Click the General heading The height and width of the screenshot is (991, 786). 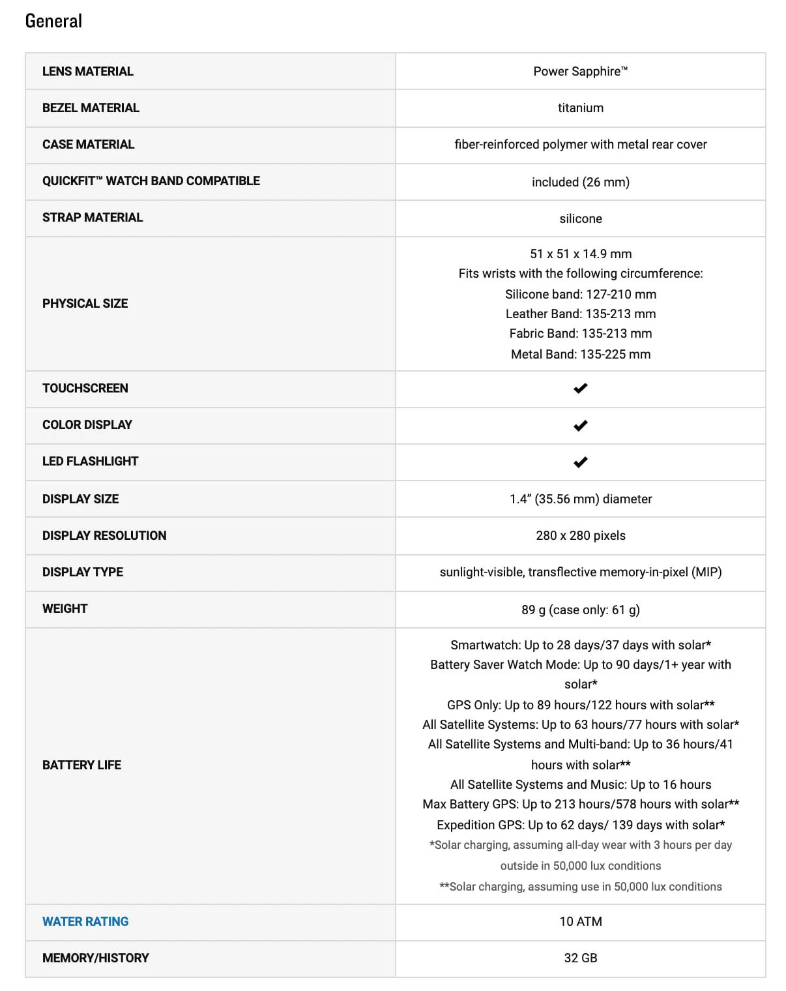click(x=53, y=21)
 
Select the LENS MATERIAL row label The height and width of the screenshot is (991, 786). click(x=87, y=71)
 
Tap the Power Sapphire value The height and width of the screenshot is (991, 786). click(x=580, y=71)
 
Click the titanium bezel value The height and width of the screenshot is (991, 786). click(x=580, y=108)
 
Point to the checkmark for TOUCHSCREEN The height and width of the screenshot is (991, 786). click(x=580, y=389)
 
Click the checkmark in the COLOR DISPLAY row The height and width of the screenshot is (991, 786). click(x=580, y=425)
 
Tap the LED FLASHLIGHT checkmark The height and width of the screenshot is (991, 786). click(x=580, y=462)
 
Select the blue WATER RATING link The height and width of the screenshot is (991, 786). click(x=85, y=921)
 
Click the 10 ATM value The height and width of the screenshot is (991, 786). click(x=580, y=921)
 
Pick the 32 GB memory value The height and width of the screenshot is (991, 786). click(x=580, y=958)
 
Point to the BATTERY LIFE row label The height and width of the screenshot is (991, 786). click(x=81, y=765)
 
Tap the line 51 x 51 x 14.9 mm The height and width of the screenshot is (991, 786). click(x=580, y=254)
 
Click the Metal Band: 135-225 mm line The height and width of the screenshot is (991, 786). click(x=580, y=354)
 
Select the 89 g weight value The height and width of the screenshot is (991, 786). click(x=580, y=610)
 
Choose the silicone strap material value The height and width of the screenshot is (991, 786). click(x=580, y=218)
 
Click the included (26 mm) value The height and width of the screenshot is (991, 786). click(x=580, y=182)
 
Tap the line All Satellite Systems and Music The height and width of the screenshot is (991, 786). click(x=580, y=784)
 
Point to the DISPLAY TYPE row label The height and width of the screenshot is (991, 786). click(x=83, y=572)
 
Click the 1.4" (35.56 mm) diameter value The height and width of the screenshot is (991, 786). click(x=580, y=499)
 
